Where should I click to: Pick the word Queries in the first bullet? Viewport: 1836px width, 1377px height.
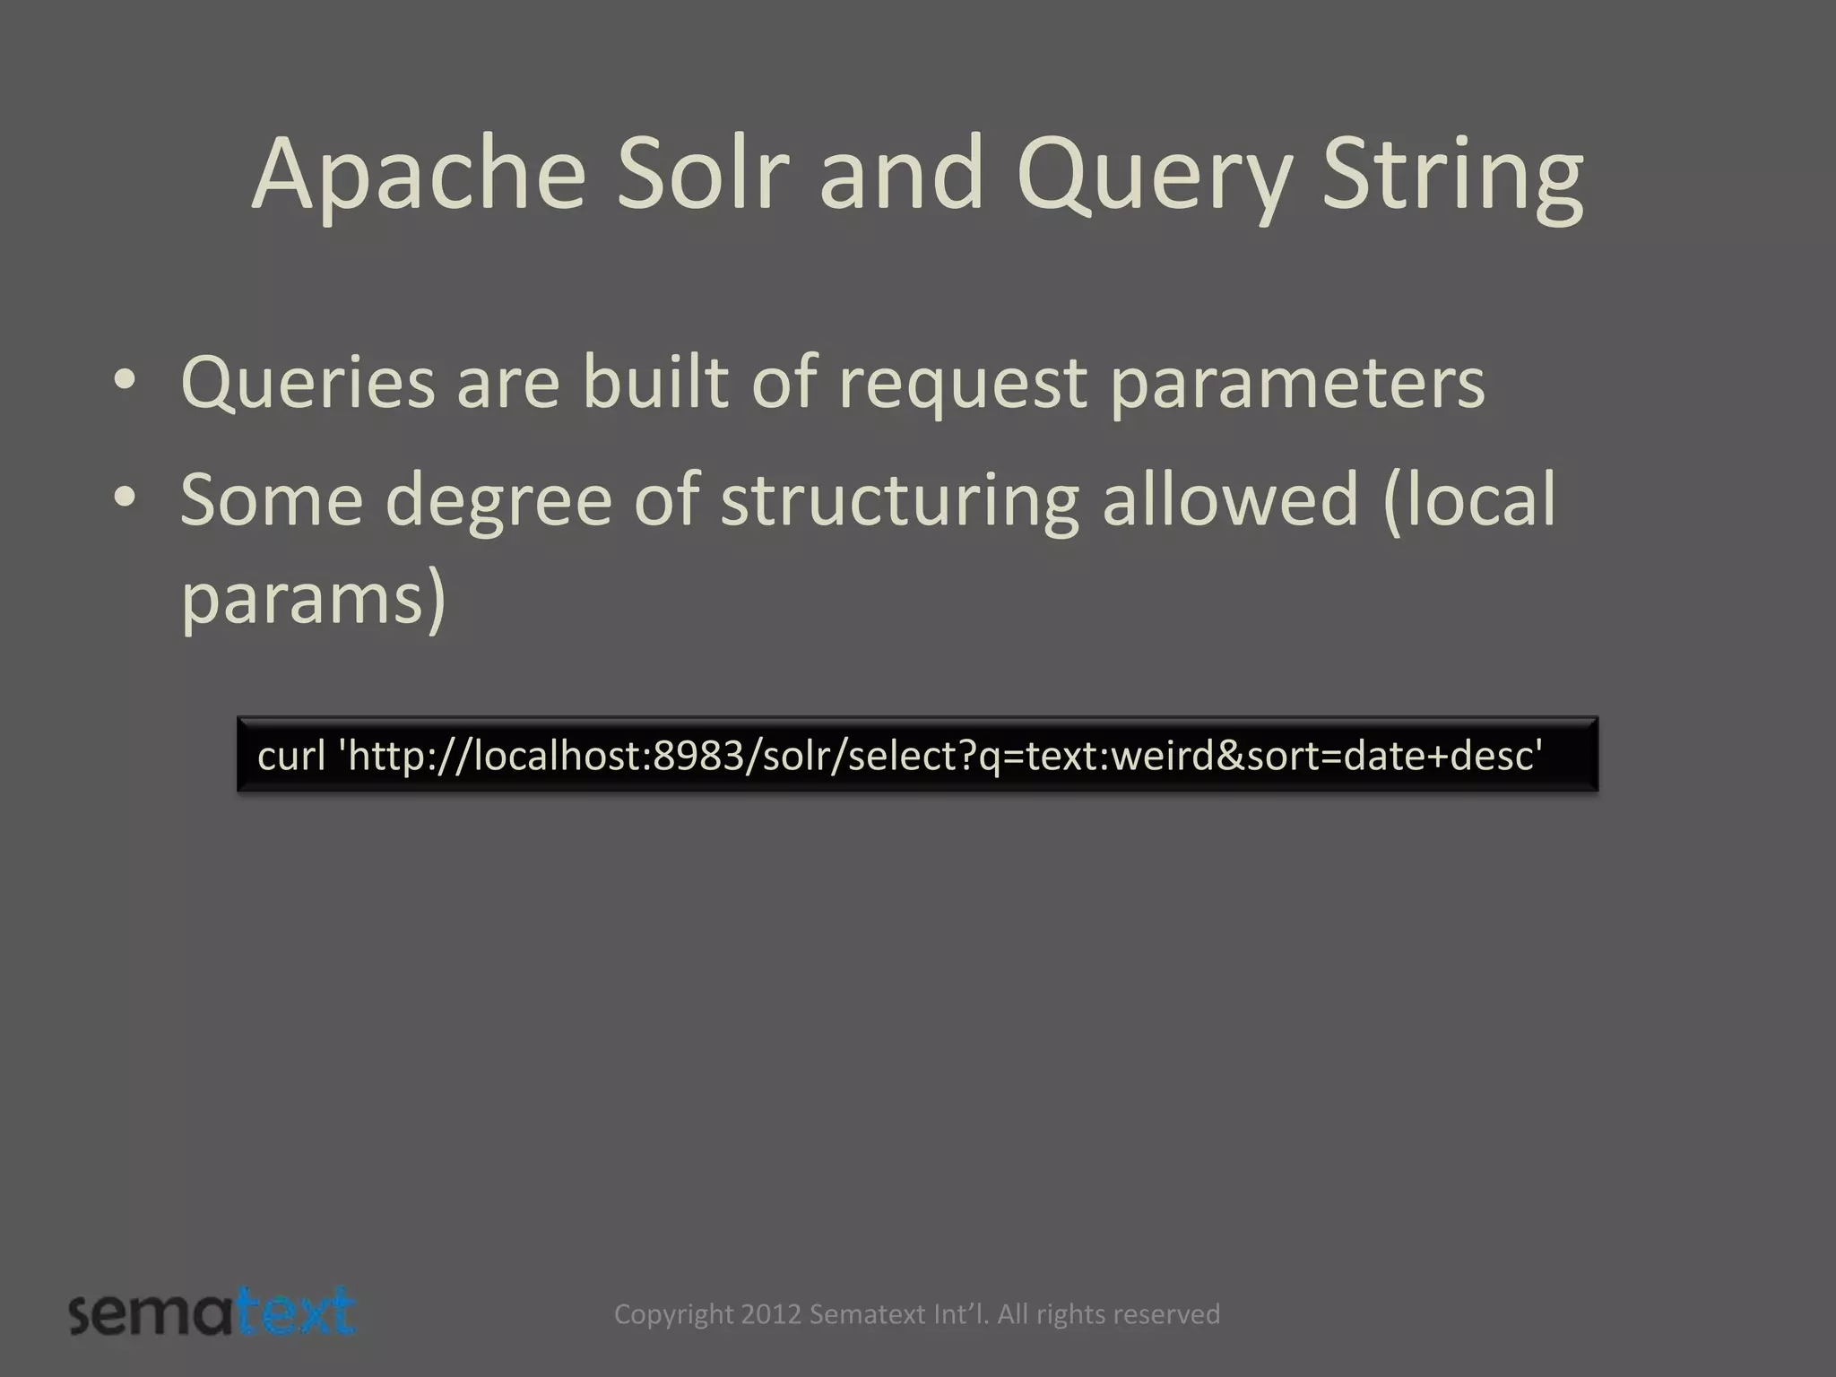tap(307, 384)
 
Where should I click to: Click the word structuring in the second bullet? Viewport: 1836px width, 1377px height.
tap(899, 500)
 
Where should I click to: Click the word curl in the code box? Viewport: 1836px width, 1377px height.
tap(291, 755)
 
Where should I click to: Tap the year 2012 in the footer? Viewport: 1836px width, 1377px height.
tap(771, 1314)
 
